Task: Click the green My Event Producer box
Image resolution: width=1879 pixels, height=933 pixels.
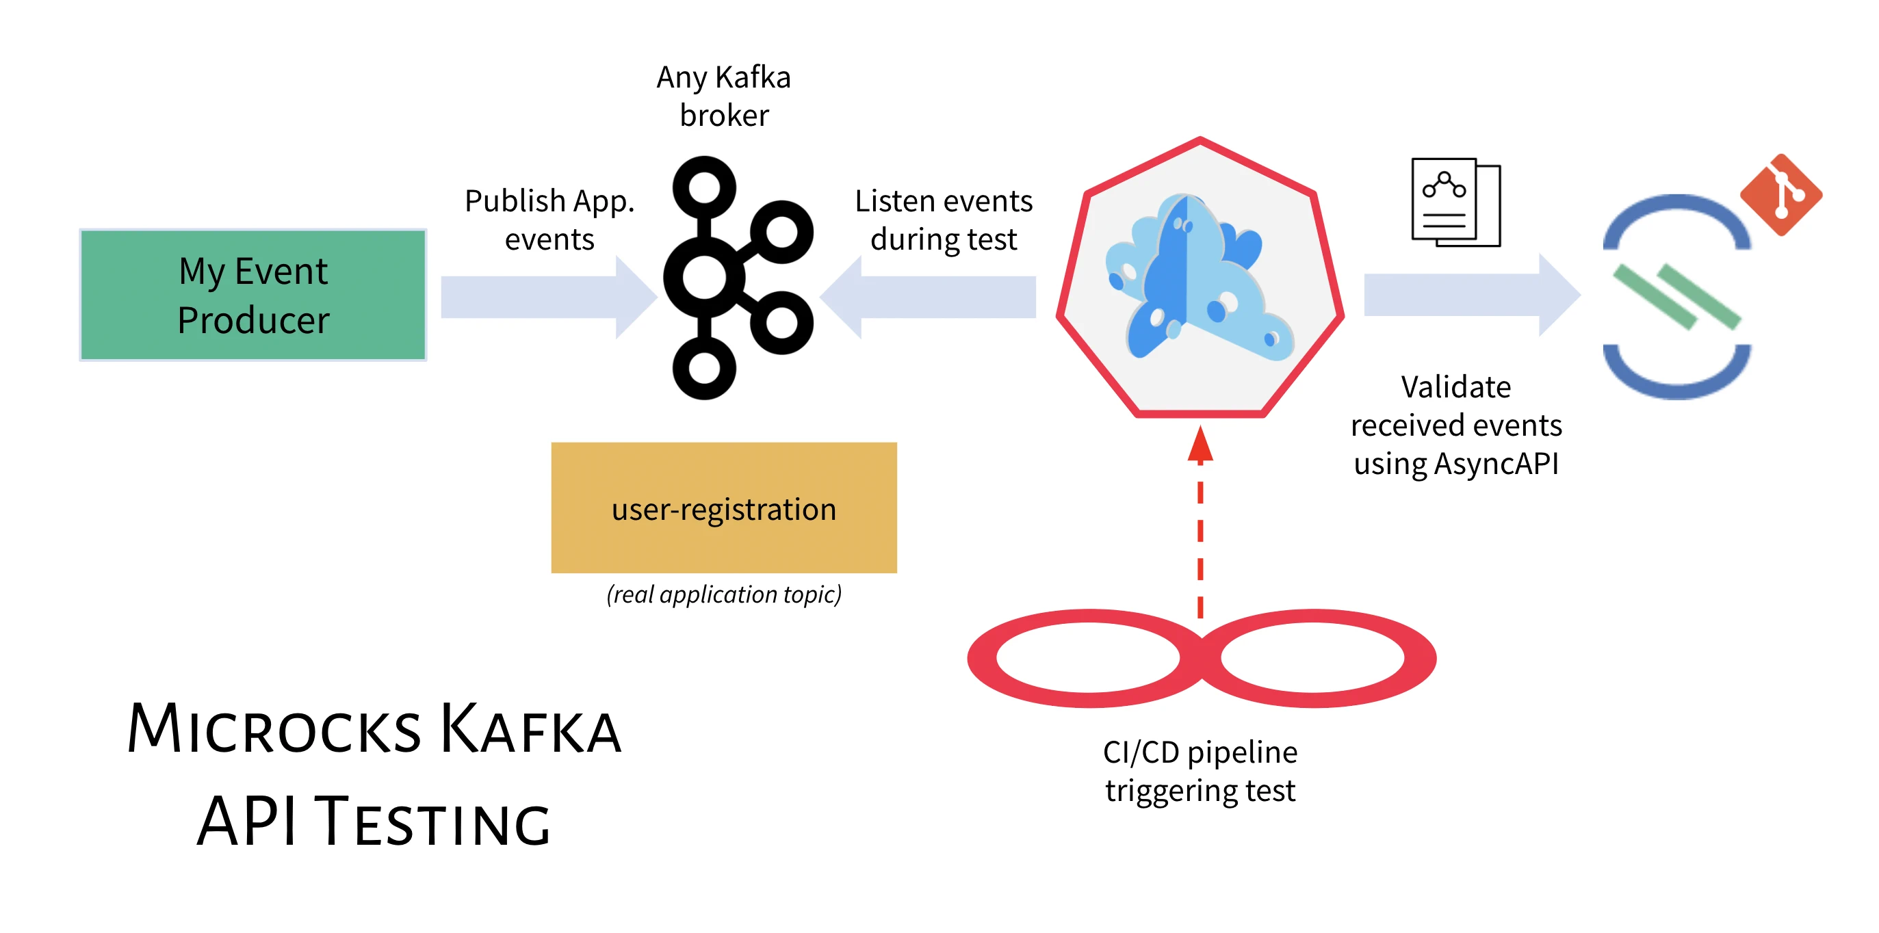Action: pos(253,295)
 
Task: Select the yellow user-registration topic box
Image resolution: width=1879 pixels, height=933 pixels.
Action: pos(723,508)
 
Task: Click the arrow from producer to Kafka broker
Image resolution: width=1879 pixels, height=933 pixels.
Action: pos(547,298)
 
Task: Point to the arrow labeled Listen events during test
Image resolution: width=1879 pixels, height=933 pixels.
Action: pos(930,298)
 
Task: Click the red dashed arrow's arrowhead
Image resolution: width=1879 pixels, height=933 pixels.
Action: pos(1200,445)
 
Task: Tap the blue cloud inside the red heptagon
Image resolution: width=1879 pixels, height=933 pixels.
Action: pos(1196,277)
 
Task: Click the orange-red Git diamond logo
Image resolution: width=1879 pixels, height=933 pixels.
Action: pos(1780,195)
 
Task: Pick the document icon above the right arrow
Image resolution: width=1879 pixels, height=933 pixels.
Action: pos(1455,202)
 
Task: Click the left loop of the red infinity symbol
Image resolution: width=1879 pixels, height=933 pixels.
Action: pos(1087,658)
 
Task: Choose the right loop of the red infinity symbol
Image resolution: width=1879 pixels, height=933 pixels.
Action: pos(1313,658)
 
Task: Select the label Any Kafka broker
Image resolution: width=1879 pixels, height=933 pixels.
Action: pos(723,96)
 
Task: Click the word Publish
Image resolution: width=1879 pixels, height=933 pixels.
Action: pos(515,201)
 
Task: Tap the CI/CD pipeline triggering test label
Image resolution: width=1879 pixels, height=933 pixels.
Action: pos(1200,771)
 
